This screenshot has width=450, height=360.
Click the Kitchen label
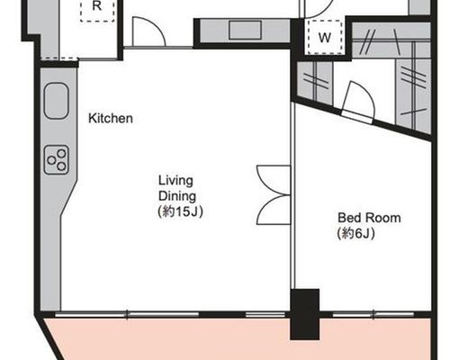pyautogui.click(x=111, y=118)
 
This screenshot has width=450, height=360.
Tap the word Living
pyautogui.click(x=175, y=181)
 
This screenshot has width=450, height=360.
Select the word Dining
pyautogui.click(x=177, y=196)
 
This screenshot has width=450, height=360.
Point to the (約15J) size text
pyautogui.click(x=181, y=211)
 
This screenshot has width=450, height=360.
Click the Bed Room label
pyautogui.click(x=369, y=218)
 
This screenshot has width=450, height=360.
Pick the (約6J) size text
pyautogui.click(x=356, y=234)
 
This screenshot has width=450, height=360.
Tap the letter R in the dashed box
pyautogui.click(x=97, y=6)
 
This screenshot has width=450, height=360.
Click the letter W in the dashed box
pyautogui.click(x=324, y=38)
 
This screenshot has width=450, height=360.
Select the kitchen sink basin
pyautogui.click(x=57, y=101)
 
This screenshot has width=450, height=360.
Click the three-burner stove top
pyautogui.click(x=57, y=160)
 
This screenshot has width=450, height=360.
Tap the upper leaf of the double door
pyautogui.click(x=274, y=180)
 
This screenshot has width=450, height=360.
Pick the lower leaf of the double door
pyautogui.click(x=274, y=210)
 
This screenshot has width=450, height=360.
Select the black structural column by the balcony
pyautogui.click(x=305, y=314)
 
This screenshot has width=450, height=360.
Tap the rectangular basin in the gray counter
pyautogui.click(x=245, y=30)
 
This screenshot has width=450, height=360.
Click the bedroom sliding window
pyautogui.click(x=373, y=314)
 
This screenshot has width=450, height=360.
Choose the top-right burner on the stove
pyautogui.click(x=61, y=154)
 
